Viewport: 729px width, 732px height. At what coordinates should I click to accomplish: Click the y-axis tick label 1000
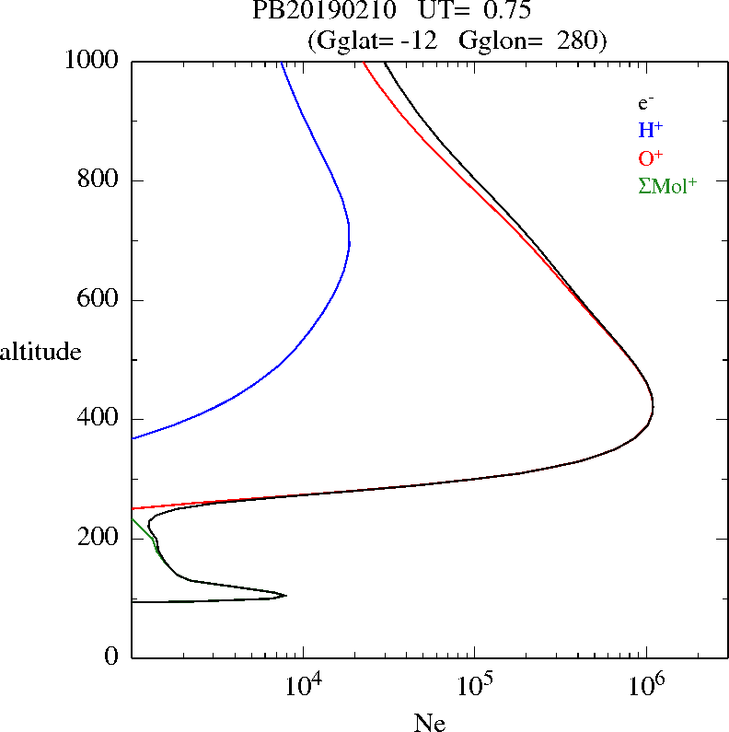(92, 61)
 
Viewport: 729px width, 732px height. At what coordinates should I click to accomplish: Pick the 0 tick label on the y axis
(111, 657)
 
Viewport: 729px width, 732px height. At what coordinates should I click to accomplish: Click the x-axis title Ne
(430, 722)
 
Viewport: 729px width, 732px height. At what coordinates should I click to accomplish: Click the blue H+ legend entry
(650, 130)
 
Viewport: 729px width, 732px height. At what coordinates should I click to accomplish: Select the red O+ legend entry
(651, 157)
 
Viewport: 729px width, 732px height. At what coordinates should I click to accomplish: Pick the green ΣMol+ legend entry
(667, 185)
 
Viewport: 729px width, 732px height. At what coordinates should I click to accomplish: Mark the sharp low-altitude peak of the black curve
(286, 596)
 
